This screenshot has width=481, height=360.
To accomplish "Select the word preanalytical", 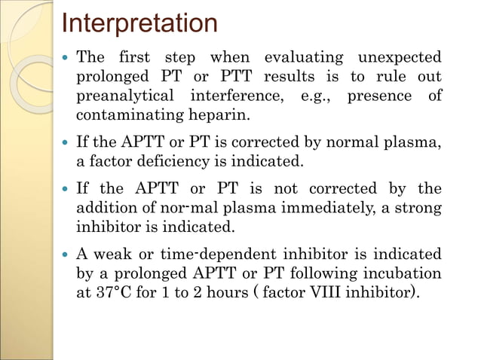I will click(124, 96).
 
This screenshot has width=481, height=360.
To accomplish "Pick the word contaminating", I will click(128, 115).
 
